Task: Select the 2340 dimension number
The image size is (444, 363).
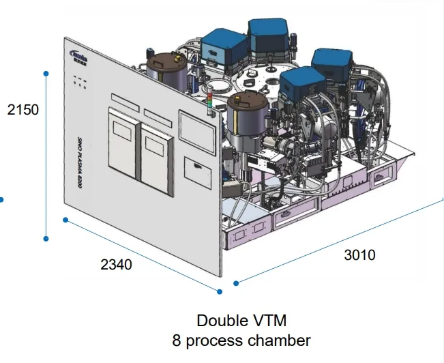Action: pos(117,264)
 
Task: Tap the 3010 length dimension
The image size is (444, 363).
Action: pos(359,255)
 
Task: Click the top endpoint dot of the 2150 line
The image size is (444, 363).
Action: pos(46,73)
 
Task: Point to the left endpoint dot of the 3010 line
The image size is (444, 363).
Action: pos(237,282)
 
